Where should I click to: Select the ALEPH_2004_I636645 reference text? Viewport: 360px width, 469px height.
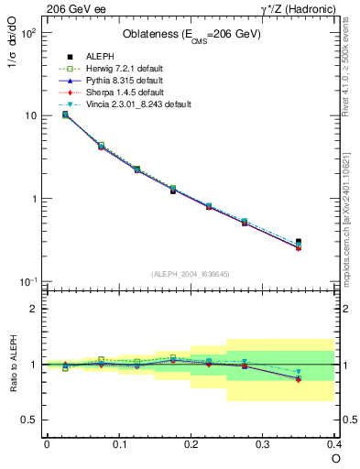tap(191, 274)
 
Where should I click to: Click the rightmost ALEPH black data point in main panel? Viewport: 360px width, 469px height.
tap(299, 242)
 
